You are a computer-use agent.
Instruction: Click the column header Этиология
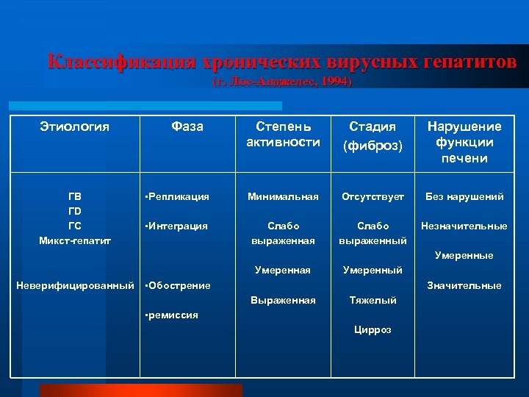74,126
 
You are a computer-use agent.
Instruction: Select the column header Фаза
187,126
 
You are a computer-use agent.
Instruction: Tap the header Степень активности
284,134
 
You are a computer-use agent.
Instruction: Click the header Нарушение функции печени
464,142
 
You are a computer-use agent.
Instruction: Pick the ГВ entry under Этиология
75,196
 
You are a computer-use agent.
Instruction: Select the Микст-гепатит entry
75,240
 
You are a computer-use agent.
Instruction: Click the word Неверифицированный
75,285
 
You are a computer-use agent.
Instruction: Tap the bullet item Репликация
179,196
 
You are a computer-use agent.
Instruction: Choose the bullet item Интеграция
178,226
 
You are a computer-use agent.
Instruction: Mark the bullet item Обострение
179,285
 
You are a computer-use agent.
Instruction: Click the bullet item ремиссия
173,315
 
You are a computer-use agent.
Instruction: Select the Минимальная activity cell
284,196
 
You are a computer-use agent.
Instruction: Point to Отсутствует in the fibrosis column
374,196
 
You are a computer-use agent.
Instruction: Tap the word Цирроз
374,330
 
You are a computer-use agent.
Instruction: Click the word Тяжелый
374,300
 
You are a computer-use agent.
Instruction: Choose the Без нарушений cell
464,196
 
